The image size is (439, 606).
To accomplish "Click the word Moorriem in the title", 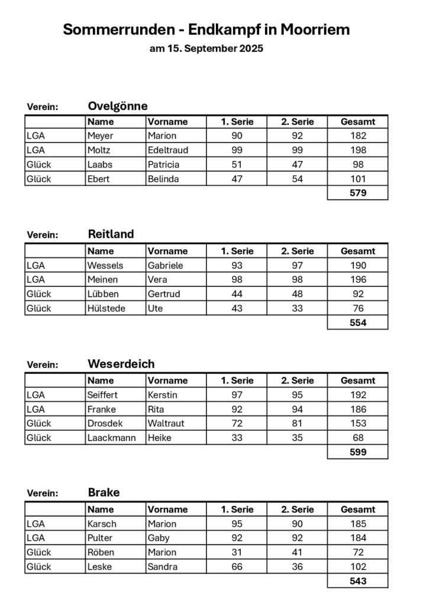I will click(315, 29).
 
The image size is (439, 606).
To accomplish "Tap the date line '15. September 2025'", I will click(215, 49).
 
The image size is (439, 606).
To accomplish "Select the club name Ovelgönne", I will click(118, 106).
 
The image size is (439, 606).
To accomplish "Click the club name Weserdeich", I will click(121, 363).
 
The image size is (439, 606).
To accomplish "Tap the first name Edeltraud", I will click(168, 150).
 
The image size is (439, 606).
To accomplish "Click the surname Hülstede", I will click(106, 308).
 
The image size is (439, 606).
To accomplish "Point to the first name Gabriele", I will click(166, 265).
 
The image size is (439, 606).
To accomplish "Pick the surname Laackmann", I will click(111, 438).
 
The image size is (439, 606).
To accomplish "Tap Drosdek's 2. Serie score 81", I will click(297, 423).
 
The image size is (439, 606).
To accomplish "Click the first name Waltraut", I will click(166, 423).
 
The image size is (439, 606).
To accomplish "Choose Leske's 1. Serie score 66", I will click(237, 566).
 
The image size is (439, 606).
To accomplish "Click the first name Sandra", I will click(163, 566).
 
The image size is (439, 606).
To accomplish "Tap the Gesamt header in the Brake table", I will click(357, 509).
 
